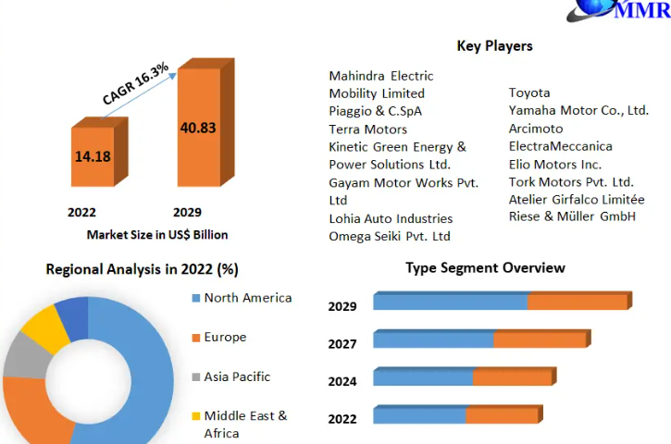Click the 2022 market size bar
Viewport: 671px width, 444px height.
pyautogui.click(x=93, y=157)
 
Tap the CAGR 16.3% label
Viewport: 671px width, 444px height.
pyautogui.click(x=135, y=83)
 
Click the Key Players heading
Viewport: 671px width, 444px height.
pyautogui.click(x=494, y=45)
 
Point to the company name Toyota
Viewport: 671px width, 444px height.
pyautogui.click(x=529, y=92)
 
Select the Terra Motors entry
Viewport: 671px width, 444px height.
pyautogui.click(x=367, y=129)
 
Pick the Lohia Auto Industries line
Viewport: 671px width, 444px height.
pyautogui.click(x=391, y=219)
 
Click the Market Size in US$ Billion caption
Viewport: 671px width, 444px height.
pyautogui.click(x=157, y=235)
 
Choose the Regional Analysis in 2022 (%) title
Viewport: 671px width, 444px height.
pyautogui.click(x=142, y=269)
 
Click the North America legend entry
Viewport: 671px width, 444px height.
pyautogui.click(x=247, y=298)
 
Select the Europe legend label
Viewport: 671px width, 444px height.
pyautogui.click(x=225, y=338)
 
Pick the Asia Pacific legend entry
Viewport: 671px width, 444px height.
pyautogui.click(x=237, y=376)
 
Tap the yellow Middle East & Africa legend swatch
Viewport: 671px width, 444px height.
pyautogui.click(x=195, y=416)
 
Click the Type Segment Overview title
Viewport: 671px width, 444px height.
pyautogui.click(x=485, y=268)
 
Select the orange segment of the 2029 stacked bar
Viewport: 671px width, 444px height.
pyautogui.click(x=578, y=302)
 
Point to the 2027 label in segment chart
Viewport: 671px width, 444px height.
pyautogui.click(x=342, y=344)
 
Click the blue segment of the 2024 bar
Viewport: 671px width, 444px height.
pyautogui.click(x=424, y=377)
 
